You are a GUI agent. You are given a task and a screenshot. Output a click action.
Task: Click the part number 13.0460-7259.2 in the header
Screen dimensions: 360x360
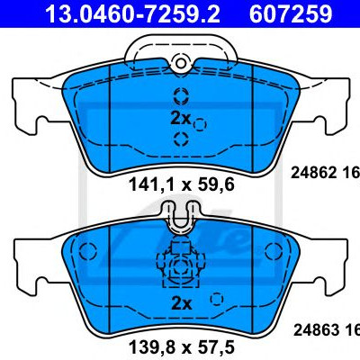(x=132, y=13)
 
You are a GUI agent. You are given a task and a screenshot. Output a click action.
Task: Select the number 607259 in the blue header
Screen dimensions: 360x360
(x=291, y=13)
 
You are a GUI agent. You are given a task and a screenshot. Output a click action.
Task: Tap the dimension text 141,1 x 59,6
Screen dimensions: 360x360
(x=182, y=184)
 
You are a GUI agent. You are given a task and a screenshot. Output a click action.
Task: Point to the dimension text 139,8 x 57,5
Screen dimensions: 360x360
(x=182, y=348)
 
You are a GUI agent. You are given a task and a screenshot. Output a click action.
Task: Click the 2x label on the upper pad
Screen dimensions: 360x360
(x=180, y=119)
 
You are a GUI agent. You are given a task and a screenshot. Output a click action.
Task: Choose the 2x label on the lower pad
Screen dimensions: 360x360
(x=181, y=303)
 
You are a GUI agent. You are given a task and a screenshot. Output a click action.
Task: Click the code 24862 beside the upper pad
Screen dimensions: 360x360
(x=313, y=173)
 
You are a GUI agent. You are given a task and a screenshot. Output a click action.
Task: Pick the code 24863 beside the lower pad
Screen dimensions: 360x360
(x=316, y=330)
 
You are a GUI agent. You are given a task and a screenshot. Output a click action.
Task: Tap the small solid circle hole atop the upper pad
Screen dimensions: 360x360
(x=181, y=63)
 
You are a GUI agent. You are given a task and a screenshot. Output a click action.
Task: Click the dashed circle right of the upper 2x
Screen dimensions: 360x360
(x=200, y=124)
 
